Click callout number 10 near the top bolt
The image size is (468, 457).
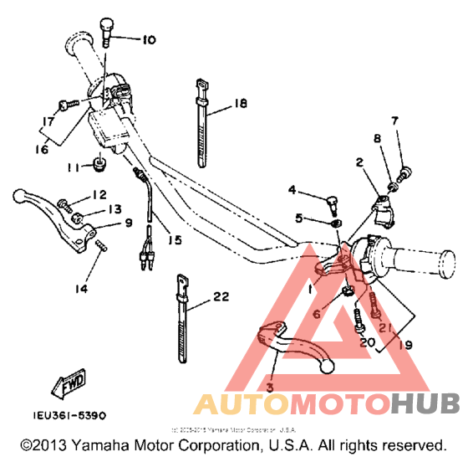click(x=148, y=39)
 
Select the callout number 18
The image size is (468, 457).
click(x=242, y=104)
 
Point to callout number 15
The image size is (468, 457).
click(x=174, y=240)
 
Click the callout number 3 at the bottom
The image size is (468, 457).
click(x=269, y=387)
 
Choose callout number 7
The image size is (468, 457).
click(x=395, y=121)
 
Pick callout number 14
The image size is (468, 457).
click(x=80, y=290)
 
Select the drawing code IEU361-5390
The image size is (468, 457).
click(x=70, y=413)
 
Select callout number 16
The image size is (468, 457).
click(x=41, y=149)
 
